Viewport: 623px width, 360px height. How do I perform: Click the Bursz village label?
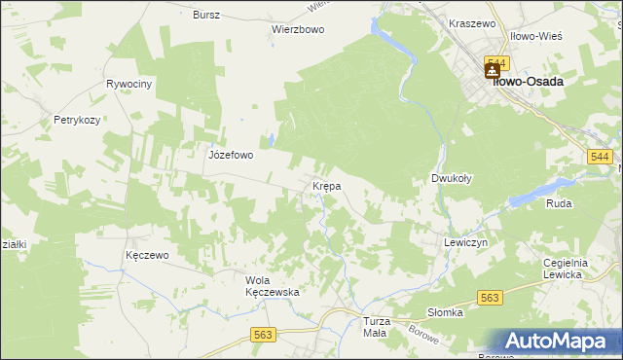point(206,16)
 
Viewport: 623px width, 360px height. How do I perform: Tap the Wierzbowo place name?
point(297,29)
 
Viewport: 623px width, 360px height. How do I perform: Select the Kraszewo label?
point(472,22)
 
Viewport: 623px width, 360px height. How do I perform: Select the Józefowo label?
point(231,154)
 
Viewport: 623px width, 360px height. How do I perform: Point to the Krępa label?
point(325,185)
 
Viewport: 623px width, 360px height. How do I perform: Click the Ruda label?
point(559,203)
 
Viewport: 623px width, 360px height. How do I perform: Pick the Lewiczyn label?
point(464,242)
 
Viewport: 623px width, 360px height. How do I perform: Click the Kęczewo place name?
point(147,255)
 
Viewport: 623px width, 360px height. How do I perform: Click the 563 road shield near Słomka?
point(489,299)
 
